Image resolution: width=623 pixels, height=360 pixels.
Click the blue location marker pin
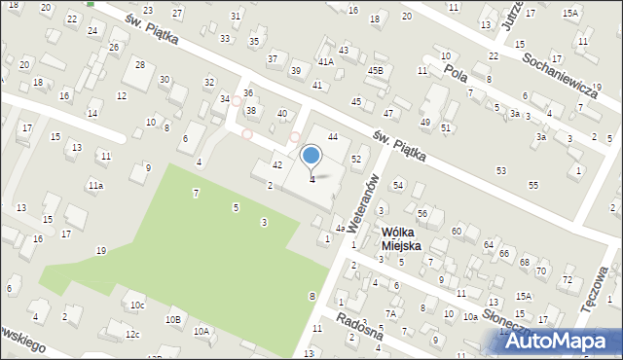coord(311,156)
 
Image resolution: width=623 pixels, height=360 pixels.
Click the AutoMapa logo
coord(561,342)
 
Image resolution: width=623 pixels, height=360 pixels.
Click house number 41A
coord(325,61)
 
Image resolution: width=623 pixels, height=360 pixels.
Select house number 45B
coord(376,70)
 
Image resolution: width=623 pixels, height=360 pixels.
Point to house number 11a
coord(95,185)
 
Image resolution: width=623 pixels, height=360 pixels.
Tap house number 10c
coord(138,306)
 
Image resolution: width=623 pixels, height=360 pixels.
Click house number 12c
coord(132,335)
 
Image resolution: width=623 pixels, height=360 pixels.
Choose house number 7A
coord(390,313)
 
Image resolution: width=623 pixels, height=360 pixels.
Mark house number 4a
coord(340,228)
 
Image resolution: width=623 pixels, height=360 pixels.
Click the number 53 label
coord(500,171)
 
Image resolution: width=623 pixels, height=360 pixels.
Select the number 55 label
coord(533,185)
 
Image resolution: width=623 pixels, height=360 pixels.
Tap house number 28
coord(140,65)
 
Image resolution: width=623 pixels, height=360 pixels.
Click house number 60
coord(457,231)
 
